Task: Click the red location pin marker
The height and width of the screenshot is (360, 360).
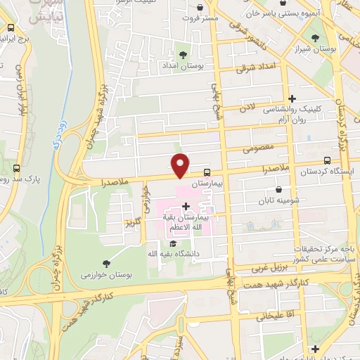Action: pos(181,165)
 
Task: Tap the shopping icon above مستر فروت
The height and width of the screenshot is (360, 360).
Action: pos(200,8)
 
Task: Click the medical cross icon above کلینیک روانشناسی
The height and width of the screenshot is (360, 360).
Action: pos(292,98)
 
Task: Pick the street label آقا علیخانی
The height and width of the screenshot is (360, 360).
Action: pos(270,316)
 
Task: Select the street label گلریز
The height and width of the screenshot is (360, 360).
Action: pos(133,225)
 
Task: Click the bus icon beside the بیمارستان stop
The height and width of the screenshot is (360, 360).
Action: pos(207,172)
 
